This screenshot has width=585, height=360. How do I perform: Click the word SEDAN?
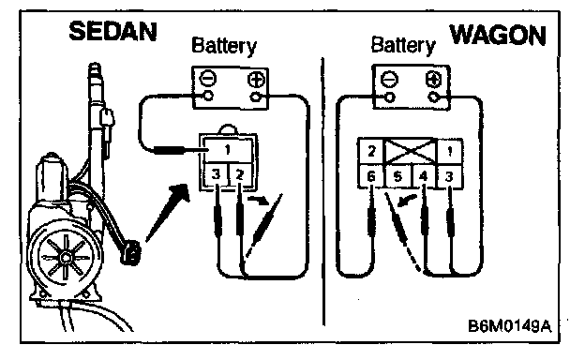(x=112, y=31)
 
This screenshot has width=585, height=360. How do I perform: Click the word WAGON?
(x=498, y=36)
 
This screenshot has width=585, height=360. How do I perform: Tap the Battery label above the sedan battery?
(x=224, y=47)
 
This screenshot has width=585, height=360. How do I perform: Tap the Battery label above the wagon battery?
(x=403, y=46)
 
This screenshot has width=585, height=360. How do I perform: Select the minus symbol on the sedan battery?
(x=207, y=79)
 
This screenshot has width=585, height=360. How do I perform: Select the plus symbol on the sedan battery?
(x=256, y=80)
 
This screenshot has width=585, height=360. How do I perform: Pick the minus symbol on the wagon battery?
(x=389, y=80)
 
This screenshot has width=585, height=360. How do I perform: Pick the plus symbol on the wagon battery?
(x=433, y=80)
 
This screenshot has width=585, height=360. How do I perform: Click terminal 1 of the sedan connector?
(x=228, y=150)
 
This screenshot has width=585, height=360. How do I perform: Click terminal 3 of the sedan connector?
(x=216, y=175)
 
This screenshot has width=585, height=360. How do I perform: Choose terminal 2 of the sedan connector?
(x=240, y=175)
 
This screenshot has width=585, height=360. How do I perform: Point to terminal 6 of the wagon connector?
(x=371, y=175)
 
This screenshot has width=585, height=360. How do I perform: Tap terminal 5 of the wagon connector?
(x=397, y=175)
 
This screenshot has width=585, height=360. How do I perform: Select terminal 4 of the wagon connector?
(x=423, y=175)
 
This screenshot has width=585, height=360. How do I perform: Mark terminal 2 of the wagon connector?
(x=371, y=151)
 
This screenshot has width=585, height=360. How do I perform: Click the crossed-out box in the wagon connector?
(x=410, y=151)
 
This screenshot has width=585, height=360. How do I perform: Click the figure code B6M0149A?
(x=509, y=325)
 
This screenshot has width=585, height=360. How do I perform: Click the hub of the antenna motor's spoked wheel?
(x=66, y=257)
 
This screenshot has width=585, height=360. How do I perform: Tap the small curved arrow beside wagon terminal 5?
(x=406, y=200)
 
